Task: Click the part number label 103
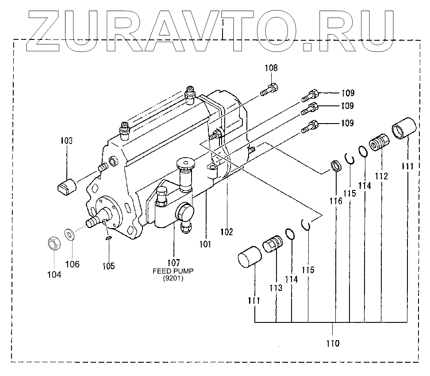click(66, 141)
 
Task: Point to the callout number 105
click(108, 266)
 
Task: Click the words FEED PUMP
click(173, 271)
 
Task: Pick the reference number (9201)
click(173, 279)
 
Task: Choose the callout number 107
click(173, 262)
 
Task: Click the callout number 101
click(205, 244)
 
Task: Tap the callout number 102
click(227, 231)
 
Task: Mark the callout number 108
click(271, 68)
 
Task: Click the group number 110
click(333, 343)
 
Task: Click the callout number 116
click(336, 201)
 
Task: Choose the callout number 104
click(54, 275)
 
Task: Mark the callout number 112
click(381, 176)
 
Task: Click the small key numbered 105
click(108, 239)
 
